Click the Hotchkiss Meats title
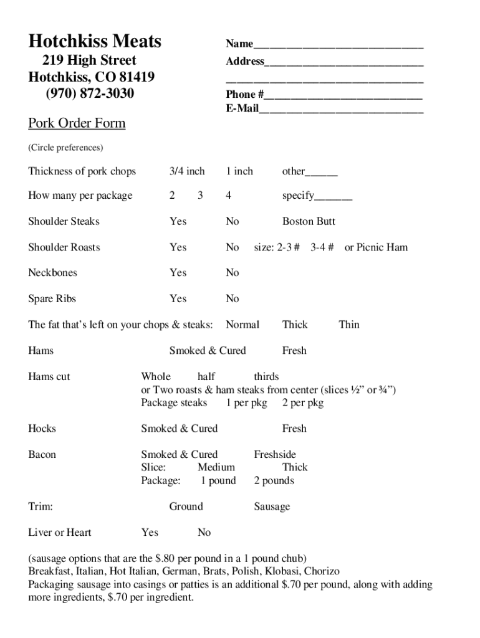[95, 42]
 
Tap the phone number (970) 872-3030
[90, 93]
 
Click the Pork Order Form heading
[77, 123]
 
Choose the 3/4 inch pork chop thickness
[187, 171]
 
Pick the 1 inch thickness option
[239, 171]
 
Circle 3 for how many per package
[200, 196]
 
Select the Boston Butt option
[309, 221]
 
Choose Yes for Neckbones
[178, 273]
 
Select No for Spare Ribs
[233, 299]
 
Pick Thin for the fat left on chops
[349, 325]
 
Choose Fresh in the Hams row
[294, 351]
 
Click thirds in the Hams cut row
[266, 376]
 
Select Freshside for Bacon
[275, 454]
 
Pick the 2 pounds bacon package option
[274, 480]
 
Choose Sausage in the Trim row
[272, 507]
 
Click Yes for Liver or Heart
[150, 532]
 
